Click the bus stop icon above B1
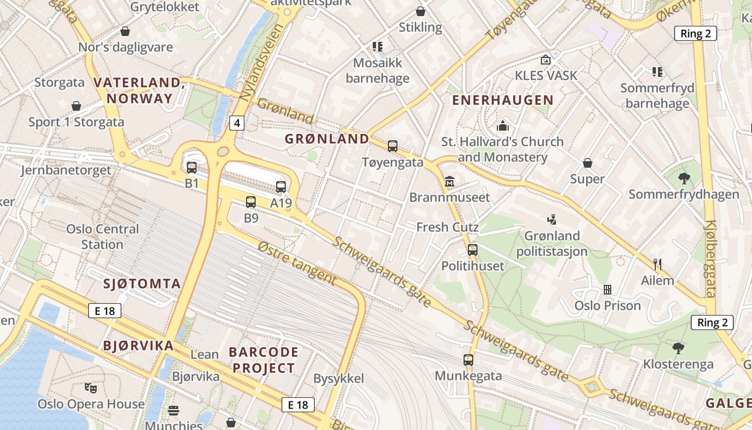(192, 167)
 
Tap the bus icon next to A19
(281, 187)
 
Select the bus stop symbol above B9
(251, 202)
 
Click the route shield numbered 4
(237, 123)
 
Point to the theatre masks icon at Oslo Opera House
(91, 387)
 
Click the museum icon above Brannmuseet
(450, 182)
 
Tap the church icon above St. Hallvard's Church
(503, 126)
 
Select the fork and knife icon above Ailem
(657, 264)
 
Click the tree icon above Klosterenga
(678, 348)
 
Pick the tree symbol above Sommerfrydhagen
(684, 178)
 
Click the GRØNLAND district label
(327, 139)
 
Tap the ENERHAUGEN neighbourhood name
(502, 100)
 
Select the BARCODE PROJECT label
(263, 360)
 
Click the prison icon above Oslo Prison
(608, 290)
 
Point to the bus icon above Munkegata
(468, 360)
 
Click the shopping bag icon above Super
(588, 162)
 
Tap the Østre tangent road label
(297, 263)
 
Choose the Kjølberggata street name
(711, 259)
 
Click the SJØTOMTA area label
(142, 284)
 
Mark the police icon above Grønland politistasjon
(552, 219)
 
